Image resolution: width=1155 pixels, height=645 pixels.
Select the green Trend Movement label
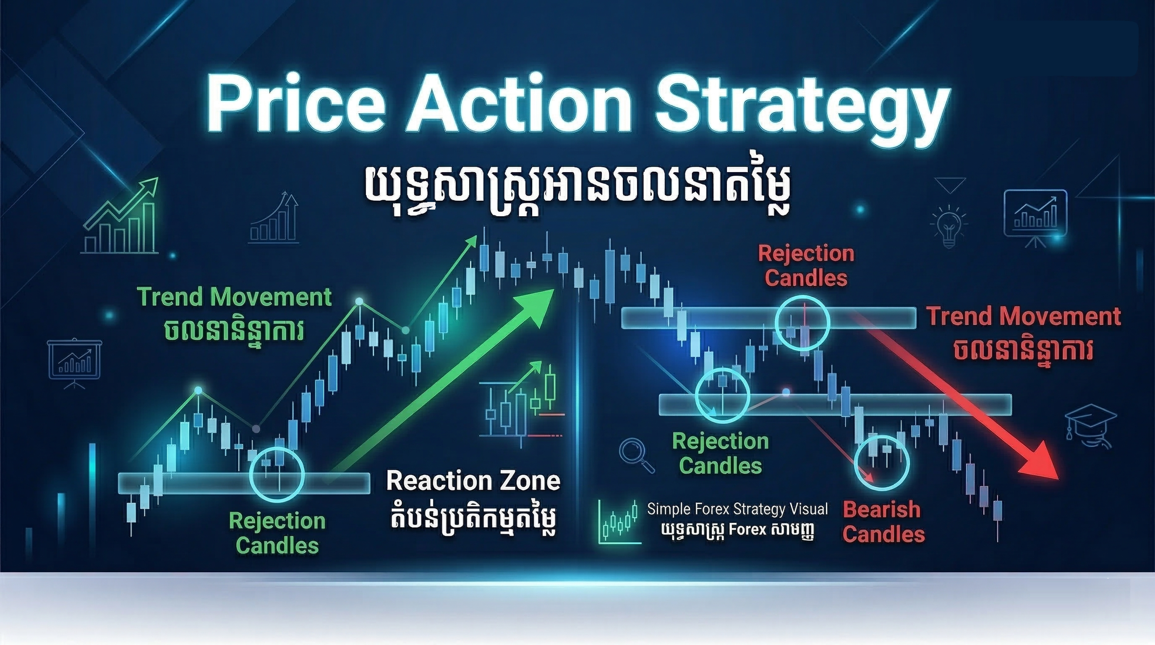click(234, 297)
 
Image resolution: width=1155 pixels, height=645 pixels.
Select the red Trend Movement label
click(1023, 317)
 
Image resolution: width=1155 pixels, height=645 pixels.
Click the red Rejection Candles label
click(806, 265)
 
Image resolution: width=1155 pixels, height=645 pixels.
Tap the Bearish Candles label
click(883, 522)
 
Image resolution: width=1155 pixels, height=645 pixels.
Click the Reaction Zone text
click(473, 481)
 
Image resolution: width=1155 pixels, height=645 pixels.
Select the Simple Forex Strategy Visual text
click(737, 509)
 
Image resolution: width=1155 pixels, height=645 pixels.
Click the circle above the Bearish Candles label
click(881, 462)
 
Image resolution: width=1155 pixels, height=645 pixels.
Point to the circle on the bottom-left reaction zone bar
click(277, 475)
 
